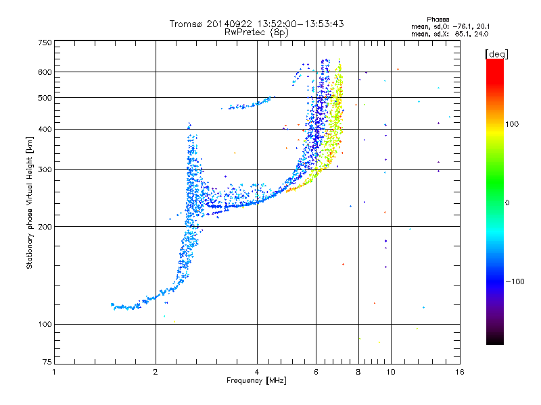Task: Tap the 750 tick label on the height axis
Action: tap(45, 43)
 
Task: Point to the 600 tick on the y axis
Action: tap(45, 72)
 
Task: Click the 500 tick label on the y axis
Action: tap(45, 97)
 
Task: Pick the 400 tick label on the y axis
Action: tap(45, 129)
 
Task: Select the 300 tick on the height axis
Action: tap(45, 169)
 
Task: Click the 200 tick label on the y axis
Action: tap(45, 226)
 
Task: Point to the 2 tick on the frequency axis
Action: tap(156, 372)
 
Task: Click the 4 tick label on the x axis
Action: tap(257, 372)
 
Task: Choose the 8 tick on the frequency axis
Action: tap(358, 372)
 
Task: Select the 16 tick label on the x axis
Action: tap(459, 372)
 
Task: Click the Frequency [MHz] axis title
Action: tap(256, 381)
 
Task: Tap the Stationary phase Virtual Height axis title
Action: tap(30, 203)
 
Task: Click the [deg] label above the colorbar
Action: tap(496, 53)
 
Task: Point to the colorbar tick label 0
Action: tap(507, 202)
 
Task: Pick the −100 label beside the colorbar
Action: tap(514, 281)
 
